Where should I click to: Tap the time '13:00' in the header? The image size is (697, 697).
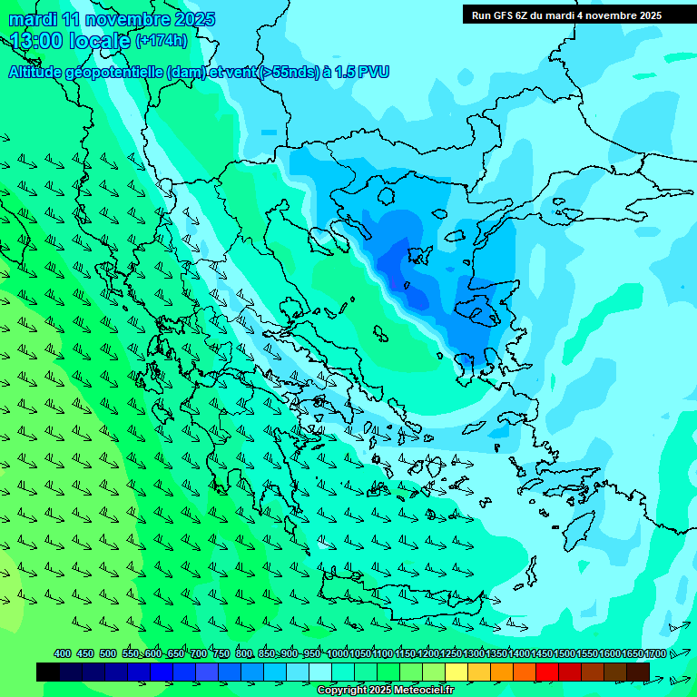37,41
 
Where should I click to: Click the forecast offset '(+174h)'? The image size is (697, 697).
161,41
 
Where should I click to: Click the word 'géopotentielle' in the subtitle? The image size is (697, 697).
117,73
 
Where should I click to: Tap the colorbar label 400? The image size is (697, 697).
63,654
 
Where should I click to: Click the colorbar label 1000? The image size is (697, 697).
338,654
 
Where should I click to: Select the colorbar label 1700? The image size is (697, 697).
655,654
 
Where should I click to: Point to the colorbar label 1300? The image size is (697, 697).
474,654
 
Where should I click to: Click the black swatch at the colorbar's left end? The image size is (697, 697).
48,672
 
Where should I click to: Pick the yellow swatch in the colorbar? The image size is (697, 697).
456,672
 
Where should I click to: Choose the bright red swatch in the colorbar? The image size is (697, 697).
547,672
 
